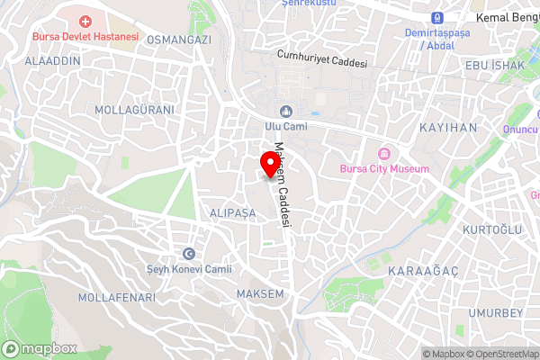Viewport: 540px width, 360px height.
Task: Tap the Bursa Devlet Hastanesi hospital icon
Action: [x=85, y=21]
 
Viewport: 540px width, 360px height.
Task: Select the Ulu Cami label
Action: [x=286, y=127]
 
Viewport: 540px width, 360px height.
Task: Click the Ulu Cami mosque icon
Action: [x=286, y=112]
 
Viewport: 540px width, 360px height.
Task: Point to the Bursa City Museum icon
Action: [x=384, y=152]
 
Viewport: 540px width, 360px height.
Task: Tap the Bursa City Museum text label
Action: [x=384, y=168]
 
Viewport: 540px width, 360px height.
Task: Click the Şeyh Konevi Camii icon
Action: [x=189, y=254]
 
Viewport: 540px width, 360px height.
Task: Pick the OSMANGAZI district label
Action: [x=178, y=40]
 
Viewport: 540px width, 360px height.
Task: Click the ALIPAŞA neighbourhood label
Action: [x=232, y=212]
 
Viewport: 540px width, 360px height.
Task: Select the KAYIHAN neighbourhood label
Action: [x=448, y=128]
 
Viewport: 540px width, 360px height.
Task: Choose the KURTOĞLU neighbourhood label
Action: [x=492, y=229]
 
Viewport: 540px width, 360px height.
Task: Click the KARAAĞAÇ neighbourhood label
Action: [x=417, y=271]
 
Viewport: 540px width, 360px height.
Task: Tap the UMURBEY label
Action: [x=495, y=312]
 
